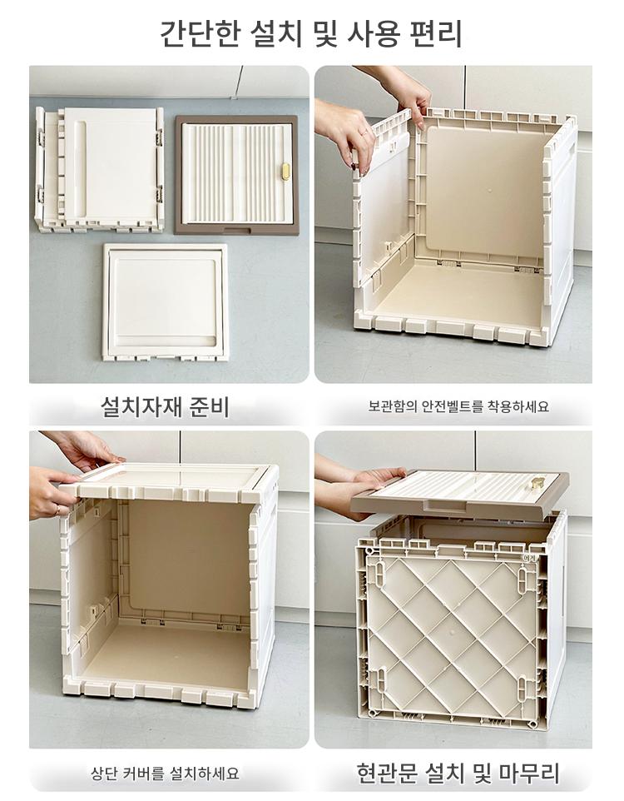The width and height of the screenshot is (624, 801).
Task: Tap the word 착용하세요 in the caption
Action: pos(518,406)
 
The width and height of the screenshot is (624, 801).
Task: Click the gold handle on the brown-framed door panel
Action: pos(285,172)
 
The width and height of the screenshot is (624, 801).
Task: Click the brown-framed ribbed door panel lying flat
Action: pos(236,175)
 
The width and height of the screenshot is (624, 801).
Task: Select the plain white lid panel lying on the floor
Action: pos(166,301)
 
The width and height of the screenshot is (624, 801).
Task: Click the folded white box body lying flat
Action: pos(100,169)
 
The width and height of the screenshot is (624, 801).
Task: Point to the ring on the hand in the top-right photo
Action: pos(364,133)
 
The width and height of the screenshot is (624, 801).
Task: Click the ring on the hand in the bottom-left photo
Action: pos(57,510)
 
